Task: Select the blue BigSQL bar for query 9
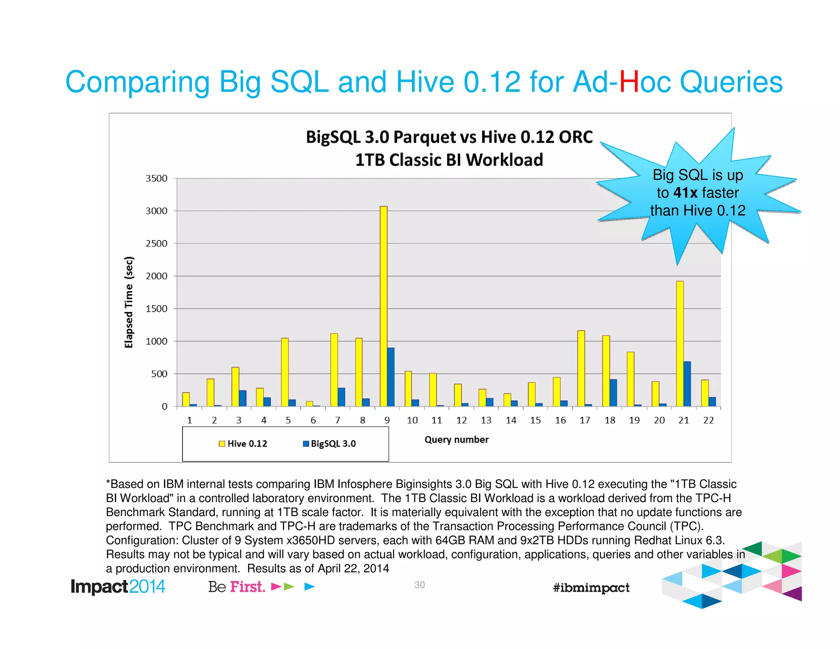(391, 377)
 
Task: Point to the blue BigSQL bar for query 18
(613, 393)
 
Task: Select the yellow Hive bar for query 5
(285, 372)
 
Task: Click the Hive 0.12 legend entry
(243, 443)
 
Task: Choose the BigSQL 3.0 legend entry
(329, 443)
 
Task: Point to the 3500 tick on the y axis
(157, 178)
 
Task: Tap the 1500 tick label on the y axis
(157, 309)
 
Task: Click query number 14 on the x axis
(511, 420)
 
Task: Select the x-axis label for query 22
(708, 420)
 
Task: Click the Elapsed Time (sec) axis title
(129, 302)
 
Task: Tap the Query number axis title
(457, 440)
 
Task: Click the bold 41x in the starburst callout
(685, 192)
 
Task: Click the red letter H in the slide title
(629, 82)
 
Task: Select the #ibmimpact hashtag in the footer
(591, 587)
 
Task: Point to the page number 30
(419, 585)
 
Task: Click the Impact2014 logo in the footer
(118, 587)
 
